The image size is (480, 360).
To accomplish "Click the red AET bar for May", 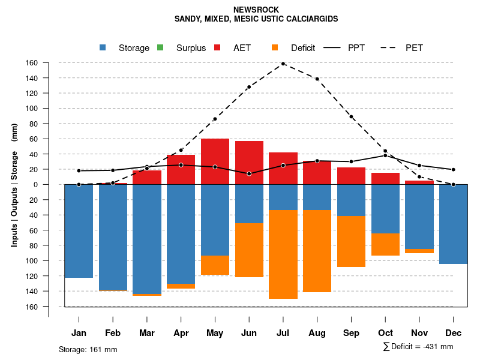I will (x=215, y=161).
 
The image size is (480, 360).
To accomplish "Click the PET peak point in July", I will (x=283, y=64).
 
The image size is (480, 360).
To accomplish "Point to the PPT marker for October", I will (x=385, y=155).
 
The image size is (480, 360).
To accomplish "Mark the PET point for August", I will (x=317, y=79).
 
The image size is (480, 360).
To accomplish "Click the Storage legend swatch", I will (x=103, y=47).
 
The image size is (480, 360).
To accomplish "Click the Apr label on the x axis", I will (x=181, y=333).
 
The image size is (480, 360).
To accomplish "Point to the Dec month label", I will (x=454, y=333).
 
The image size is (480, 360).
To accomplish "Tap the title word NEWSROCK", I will (x=256, y=10).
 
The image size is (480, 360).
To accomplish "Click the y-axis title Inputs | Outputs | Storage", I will (x=14, y=185).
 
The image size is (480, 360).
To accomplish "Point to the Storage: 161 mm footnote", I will (x=88, y=349).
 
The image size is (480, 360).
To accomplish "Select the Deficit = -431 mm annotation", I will (x=418, y=347).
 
